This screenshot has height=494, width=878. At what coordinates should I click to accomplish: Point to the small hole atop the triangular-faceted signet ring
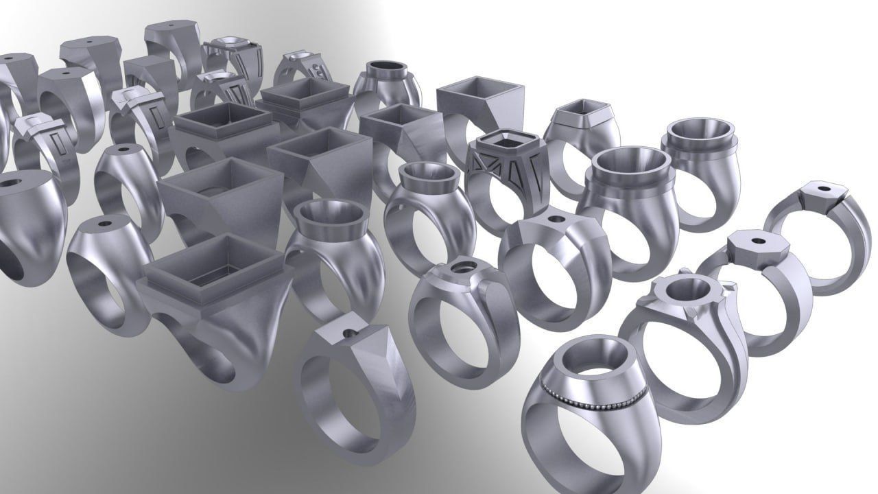pos(351,333)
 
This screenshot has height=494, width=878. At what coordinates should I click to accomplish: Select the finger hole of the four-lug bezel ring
pos(693,367)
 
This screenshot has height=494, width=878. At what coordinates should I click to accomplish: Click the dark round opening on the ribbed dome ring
pos(386,67)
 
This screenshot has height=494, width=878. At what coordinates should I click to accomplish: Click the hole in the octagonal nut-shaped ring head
pos(759,242)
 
